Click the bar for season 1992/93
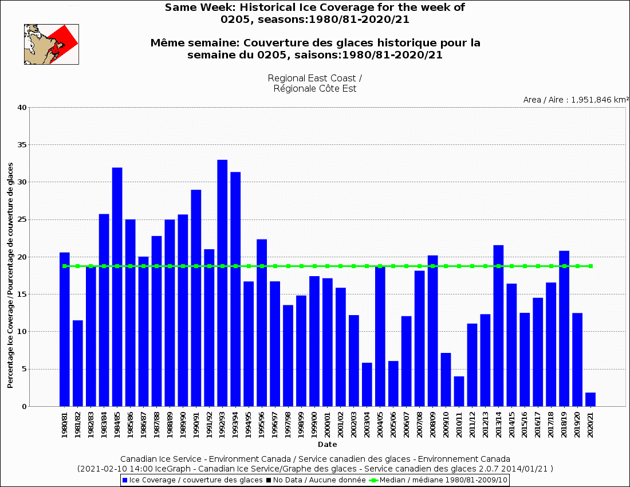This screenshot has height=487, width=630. click(222, 283)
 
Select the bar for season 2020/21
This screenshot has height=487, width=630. click(590, 400)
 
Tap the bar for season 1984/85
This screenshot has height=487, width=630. click(117, 286)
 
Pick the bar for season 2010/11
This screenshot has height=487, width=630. click(459, 391)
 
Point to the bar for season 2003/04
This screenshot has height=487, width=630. click(367, 384)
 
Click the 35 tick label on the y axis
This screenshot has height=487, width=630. click(22, 145)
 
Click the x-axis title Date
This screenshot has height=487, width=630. click(328, 444)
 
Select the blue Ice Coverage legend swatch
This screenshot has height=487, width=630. click(125, 480)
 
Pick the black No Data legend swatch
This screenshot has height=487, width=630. click(269, 480)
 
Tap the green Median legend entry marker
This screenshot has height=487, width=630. click(375, 480)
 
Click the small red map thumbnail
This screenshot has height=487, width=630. click(51, 44)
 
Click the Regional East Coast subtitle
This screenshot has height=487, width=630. click(314, 83)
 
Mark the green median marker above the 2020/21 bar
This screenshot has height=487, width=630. click(590, 266)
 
